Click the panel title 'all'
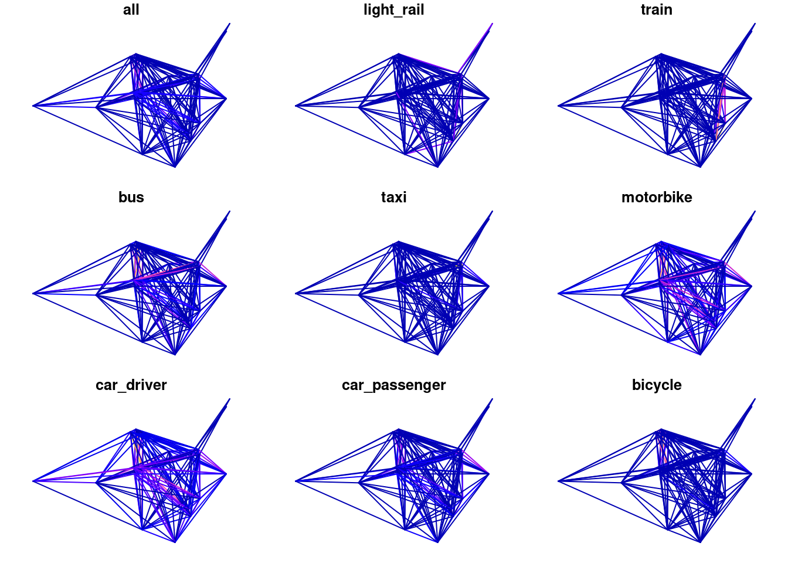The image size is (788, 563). pyautogui.click(x=131, y=10)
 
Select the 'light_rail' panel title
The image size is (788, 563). pyautogui.click(x=393, y=10)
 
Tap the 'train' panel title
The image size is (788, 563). pyautogui.click(x=657, y=10)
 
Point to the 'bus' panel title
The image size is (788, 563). pyautogui.click(x=131, y=198)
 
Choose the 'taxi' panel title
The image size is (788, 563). pyautogui.click(x=393, y=198)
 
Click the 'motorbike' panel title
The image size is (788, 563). pyautogui.click(x=657, y=198)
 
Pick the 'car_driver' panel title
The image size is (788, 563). pyautogui.click(x=131, y=385)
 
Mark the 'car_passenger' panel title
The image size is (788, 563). pyautogui.click(x=393, y=385)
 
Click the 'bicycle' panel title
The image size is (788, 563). pyautogui.click(x=657, y=385)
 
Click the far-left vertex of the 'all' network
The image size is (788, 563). pyautogui.click(x=33, y=106)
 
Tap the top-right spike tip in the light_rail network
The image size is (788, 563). pyautogui.click(x=492, y=23)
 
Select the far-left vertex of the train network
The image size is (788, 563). pyautogui.click(x=558, y=106)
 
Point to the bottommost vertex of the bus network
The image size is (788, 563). pyautogui.click(x=175, y=354)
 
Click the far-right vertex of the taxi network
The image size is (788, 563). pyautogui.click(x=489, y=286)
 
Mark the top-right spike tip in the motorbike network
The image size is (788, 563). pyautogui.click(x=755, y=211)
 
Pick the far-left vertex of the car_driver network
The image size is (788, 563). pyautogui.click(x=33, y=481)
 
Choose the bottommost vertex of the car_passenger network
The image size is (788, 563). pyautogui.click(x=437, y=542)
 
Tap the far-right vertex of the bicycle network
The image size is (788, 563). pyautogui.click(x=752, y=474)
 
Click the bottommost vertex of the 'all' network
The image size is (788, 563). pyautogui.click(x=175, y=167)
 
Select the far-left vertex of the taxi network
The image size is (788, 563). pyautogui.click(x=296, y=293)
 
